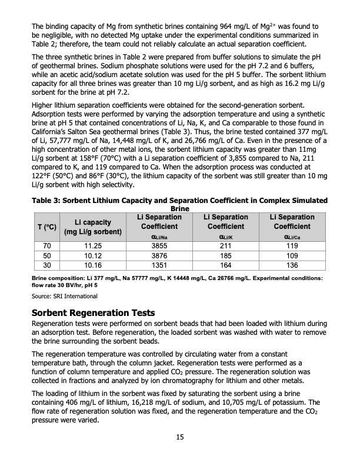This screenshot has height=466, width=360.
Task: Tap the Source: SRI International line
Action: pyautogui.click(x=64, y=295)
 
